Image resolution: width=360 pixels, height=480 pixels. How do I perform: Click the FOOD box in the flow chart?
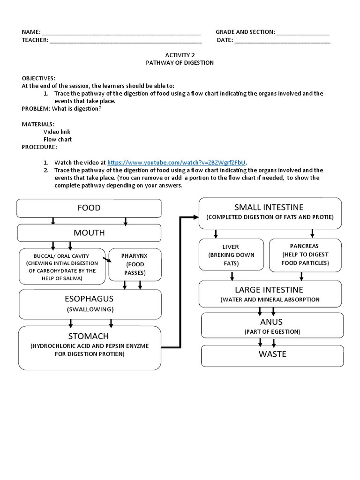point(89,208)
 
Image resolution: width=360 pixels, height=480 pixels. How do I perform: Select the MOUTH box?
point(89,233)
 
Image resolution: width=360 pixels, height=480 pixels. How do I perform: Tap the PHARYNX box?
point(135,264)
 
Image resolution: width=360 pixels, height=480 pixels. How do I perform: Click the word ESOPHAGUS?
point(89,299)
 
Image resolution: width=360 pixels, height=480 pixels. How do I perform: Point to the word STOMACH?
point(89,336)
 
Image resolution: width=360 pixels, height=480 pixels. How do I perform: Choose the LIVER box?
point(231,255)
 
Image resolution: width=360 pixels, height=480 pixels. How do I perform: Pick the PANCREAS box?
point(305,255)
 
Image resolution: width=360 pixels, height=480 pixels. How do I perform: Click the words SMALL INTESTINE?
point(269,207)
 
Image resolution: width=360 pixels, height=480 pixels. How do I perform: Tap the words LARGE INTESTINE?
point(269,290)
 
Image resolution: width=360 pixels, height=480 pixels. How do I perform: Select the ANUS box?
point(272,326)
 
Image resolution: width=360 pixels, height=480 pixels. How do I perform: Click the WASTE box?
point(272,355)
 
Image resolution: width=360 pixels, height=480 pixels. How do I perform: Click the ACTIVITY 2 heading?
point(180,55)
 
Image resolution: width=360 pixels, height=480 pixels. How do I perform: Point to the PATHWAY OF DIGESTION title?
point(180,62)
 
